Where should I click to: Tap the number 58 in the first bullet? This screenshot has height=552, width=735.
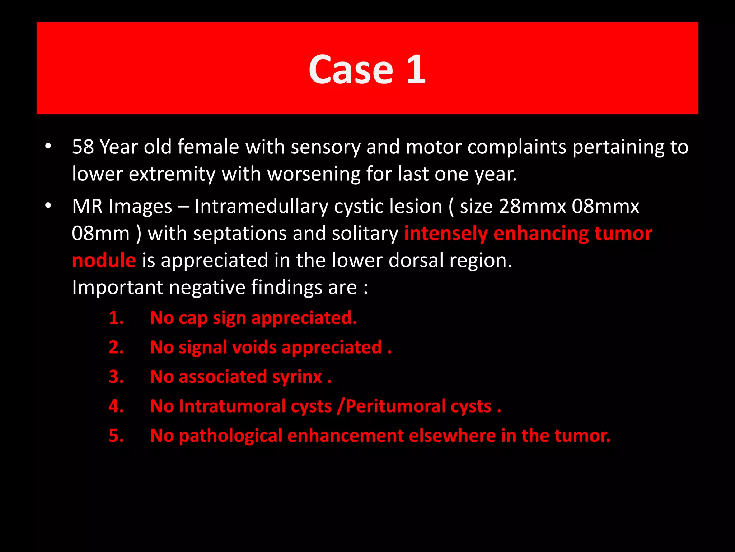coord(83,147)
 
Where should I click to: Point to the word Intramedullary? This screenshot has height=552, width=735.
coord(261,207)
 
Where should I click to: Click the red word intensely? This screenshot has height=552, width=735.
coord(446,234)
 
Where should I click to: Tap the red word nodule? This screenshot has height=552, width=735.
coord(104,260)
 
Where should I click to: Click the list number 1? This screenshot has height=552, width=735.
coord(116,318)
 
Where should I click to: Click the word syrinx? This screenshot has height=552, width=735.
coord(297,377)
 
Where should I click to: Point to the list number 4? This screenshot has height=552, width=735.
coord(116,406)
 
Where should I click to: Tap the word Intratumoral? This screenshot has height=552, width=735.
coord(241,406)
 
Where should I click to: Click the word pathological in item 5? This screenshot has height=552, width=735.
coord(230,436)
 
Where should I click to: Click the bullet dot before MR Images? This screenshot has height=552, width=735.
coord(48,206)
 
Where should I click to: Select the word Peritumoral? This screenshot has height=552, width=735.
coord(418,406)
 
